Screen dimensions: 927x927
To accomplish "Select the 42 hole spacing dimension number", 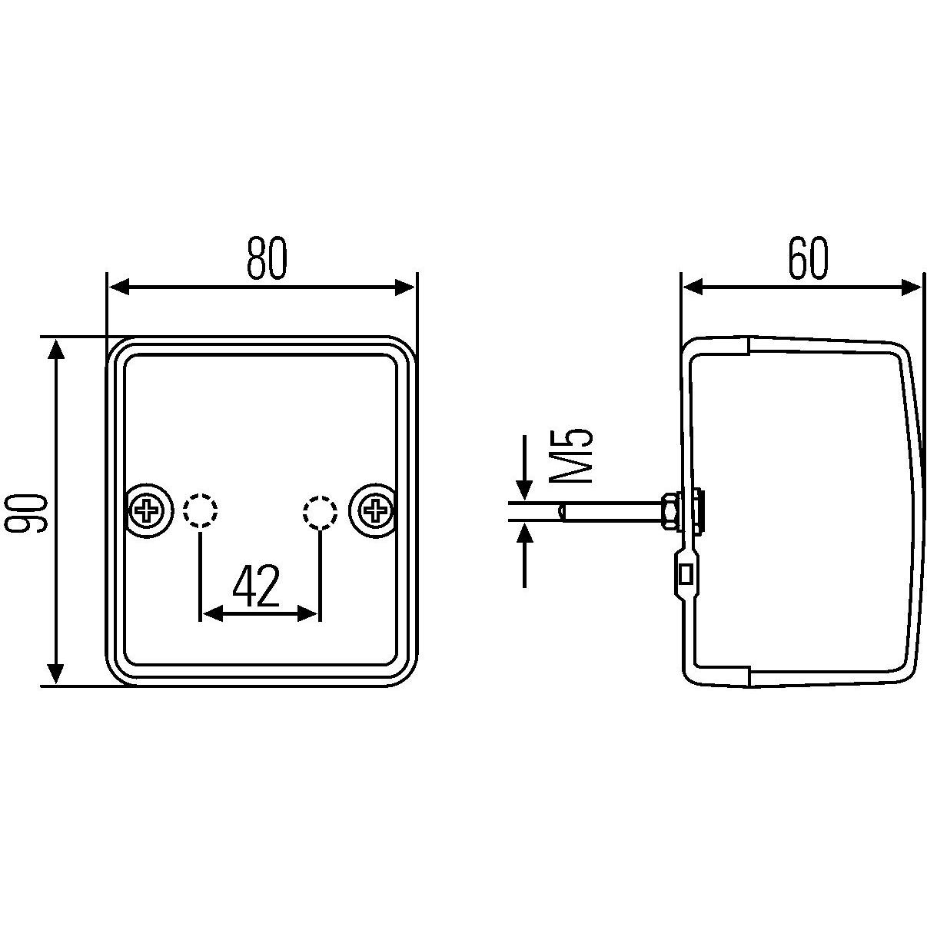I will point(256,586).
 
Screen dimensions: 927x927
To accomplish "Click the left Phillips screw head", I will point(145,509).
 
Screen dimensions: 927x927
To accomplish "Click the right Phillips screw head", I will point(375,509).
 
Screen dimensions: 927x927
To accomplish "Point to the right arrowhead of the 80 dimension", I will point(404,287).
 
